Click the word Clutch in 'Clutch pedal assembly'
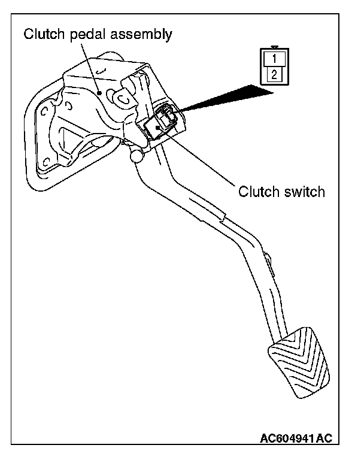43,34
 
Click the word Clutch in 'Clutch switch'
257,192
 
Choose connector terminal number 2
274,75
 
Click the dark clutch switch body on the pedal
160,123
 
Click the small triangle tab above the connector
274,47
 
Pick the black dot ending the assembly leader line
100,92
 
